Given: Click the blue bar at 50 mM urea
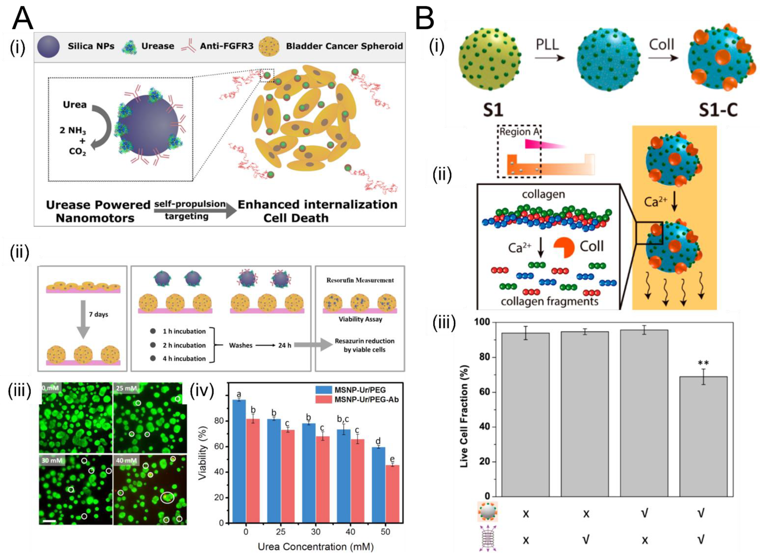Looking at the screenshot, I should point(379,485).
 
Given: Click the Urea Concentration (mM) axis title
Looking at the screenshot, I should point(315,547).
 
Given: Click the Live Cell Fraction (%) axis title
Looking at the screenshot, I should point(464,416).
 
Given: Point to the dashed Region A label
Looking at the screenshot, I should point(519,132).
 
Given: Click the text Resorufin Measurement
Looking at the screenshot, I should point(360,280).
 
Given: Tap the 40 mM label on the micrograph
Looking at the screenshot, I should point(126,460).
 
